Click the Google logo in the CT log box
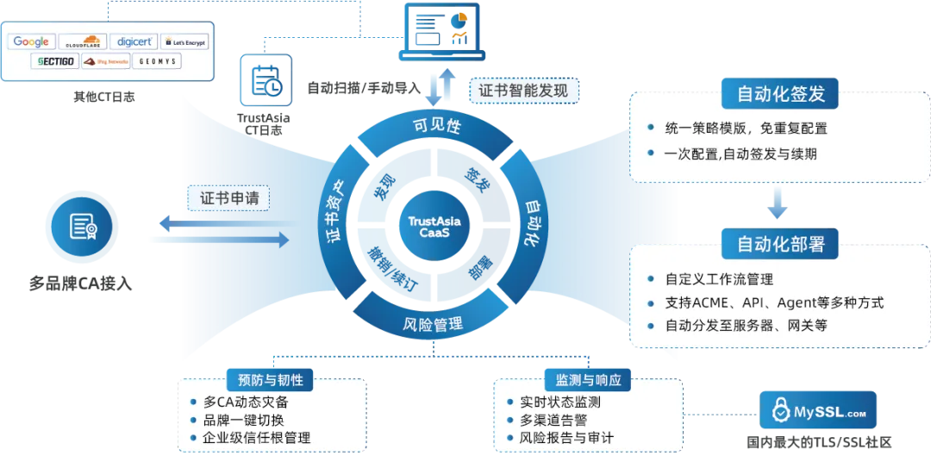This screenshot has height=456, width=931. (x=32, y=41)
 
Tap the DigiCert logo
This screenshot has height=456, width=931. (x=135, y=41)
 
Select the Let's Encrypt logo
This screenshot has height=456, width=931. (x=184, y=41)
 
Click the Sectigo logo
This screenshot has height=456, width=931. (x=56, y=61)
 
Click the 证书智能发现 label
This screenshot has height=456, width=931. (x=524, y=90)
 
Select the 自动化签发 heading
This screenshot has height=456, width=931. (x=780, y=94)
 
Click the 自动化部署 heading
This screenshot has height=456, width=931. (x=780, y=244)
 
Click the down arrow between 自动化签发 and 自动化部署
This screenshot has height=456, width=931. (x=778, y=203)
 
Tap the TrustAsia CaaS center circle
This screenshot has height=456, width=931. (x=434, y=227)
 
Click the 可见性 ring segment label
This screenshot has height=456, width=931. (x=438, y=126)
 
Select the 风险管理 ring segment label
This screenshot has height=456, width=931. (x=434, y=325)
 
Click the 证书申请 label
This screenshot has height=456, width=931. (x=228, y=197)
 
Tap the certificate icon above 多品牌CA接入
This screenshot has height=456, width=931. (x=82, y=227)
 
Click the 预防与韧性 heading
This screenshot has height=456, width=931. (x=270, y=380)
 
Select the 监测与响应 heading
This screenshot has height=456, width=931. (x=588, y=380)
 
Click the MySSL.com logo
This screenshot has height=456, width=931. (x=817, y=411)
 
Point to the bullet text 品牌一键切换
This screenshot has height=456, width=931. (x=244, y=420)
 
